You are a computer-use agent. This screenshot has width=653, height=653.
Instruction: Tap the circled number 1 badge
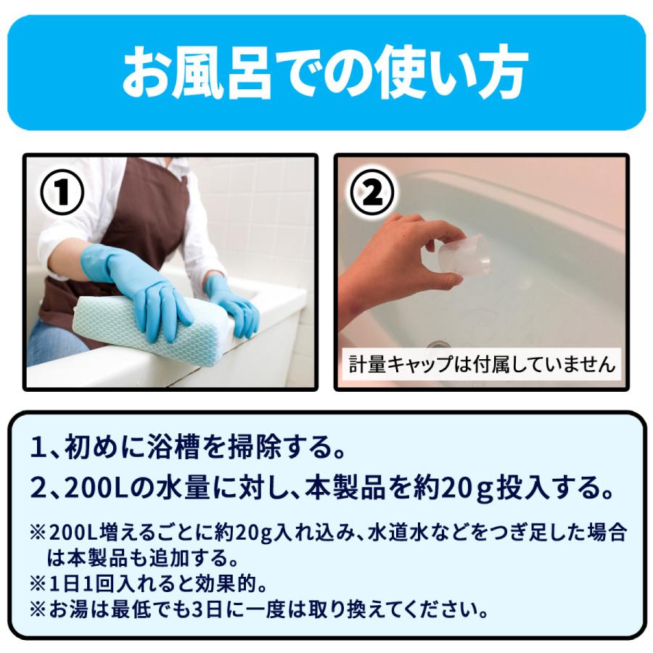(62, 192)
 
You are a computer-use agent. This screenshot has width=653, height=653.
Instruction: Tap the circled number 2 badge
(372, 192)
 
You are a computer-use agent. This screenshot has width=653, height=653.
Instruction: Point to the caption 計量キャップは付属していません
(482, 364)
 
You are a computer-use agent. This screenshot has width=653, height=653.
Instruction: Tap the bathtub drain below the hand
(438, 345)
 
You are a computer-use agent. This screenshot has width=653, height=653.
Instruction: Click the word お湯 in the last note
(69, 609)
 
